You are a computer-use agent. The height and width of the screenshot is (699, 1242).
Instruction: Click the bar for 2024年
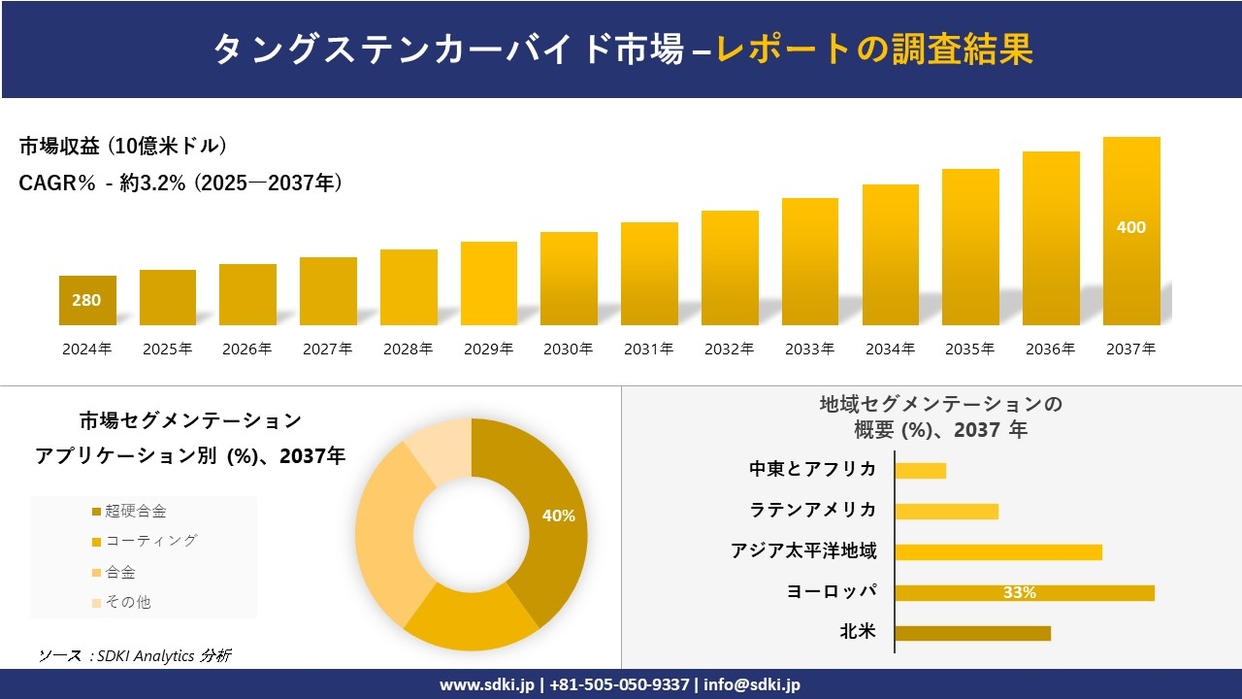click(87, 301)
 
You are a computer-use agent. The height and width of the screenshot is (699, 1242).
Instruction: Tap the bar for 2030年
click(569, 279)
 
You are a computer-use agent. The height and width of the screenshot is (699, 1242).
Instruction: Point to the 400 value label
click(1131, 227)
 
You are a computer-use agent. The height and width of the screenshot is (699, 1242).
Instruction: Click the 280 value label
click(86, 300)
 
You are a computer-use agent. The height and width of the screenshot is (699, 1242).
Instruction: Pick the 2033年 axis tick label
click(809, 349)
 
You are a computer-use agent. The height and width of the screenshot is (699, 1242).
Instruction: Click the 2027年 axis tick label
click(327, 349)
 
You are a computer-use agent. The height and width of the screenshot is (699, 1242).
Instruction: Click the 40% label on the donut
click(558, 516)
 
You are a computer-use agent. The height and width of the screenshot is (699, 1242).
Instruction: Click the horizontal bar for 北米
click(972, 633)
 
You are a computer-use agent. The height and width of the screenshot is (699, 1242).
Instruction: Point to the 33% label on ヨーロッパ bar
click(1019, 592)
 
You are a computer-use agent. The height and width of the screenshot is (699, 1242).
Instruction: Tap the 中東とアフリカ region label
click(812, 470)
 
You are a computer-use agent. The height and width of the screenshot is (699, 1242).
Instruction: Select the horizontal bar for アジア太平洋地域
click(998, 552)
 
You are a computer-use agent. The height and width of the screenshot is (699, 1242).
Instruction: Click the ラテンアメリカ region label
click(812, 511)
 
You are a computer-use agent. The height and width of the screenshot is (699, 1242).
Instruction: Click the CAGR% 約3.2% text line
click(180, 183)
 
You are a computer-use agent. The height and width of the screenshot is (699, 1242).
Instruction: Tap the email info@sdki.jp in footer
click(752, 684)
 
